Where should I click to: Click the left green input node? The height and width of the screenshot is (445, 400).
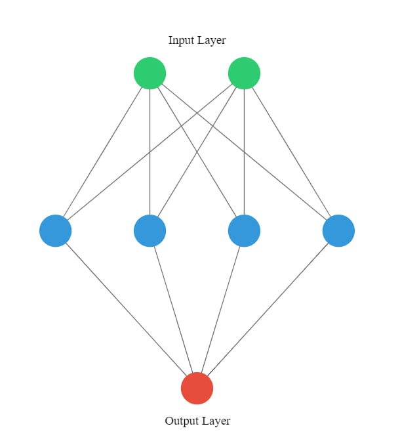(x=150, y=74)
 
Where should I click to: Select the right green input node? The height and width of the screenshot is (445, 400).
(x=244, y=74)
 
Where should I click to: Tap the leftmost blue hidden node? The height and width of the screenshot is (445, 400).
(x=55, y=231)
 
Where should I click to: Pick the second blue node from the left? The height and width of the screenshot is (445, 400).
(x=150, y=231)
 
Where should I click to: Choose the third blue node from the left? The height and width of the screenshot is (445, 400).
(x=244, y=231)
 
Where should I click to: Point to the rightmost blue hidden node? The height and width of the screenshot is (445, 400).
(x=338, y=231)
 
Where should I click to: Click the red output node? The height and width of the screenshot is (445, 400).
(x=197, y=389)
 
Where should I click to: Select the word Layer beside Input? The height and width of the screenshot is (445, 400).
(x=211, y=40)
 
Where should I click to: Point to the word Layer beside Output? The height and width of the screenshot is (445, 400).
(x=216, y=421)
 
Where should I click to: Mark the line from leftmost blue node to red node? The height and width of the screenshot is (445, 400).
(x=126, y=309)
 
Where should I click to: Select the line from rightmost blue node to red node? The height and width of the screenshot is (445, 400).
(x=268, y=309)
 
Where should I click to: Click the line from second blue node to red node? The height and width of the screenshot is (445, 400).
(x=174, y=309)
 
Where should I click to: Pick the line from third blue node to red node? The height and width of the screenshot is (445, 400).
(x=220, y=309)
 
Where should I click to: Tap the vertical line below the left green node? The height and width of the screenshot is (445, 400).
(x=150, y=152)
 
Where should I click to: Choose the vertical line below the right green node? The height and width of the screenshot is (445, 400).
(x=244, y=152)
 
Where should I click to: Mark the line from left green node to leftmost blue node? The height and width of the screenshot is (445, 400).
(x=102, y=152)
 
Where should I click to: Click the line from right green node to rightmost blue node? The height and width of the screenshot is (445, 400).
(x=291, y=152)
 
